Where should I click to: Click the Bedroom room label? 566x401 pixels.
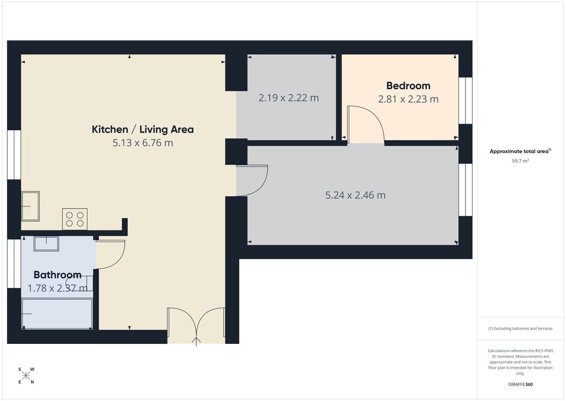408,86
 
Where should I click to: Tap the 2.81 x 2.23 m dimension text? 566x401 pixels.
408,99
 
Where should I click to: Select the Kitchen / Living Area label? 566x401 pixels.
143,130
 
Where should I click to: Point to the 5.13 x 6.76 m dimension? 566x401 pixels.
143,143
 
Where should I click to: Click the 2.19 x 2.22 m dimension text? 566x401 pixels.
289,97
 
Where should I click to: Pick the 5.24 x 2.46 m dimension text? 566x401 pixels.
355,196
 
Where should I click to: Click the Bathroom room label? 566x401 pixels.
57,275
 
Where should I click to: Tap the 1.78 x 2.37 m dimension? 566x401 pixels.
57,288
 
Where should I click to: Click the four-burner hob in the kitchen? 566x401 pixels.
75,219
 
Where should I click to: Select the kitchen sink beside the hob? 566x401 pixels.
30,206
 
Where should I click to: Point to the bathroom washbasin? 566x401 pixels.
46,243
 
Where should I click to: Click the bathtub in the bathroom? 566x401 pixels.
57,313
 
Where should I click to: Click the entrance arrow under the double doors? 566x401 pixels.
196,341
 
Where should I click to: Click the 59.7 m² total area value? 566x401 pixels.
520,161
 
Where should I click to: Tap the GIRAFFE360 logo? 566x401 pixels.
520,384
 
